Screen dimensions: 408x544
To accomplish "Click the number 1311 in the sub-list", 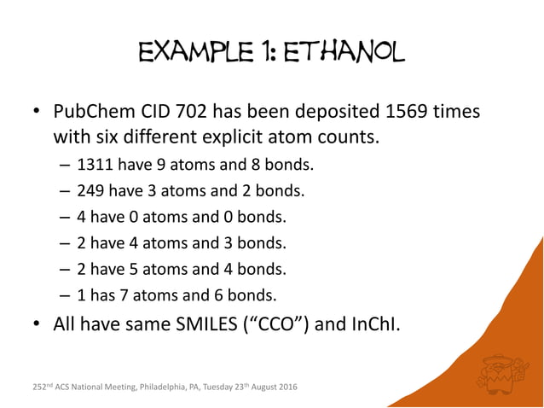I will pos(94,164).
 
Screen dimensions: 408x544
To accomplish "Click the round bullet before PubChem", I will pos(36,114).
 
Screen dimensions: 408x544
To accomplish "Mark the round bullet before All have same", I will pos(36,325).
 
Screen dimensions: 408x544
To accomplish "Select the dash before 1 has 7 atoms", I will pos(66,296).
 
